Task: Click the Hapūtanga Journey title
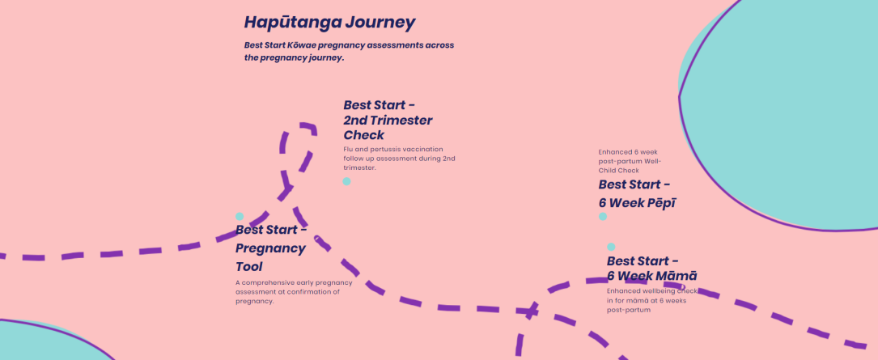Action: click(330, 23)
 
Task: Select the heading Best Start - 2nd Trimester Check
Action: click(388, 120)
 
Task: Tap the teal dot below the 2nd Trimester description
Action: click(346, 181)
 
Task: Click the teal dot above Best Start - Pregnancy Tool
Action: click(240, 217)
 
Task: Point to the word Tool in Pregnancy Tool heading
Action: click(249, 266)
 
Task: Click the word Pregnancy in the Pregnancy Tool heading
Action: click(271, 248)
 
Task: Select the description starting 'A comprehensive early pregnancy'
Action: click(294, 292)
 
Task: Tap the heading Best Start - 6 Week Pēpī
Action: click(637, 193)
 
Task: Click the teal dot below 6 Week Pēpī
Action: click(603, 217)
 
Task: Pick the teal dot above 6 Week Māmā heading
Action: click(611, 247)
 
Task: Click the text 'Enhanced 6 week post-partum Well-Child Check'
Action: click(630, 161)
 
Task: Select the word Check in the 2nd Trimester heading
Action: click(364, 135)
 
